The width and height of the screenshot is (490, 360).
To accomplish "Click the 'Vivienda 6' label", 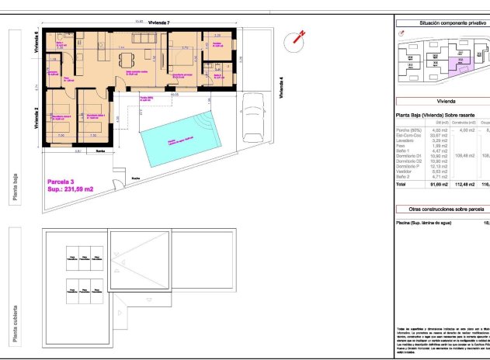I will point(36,41).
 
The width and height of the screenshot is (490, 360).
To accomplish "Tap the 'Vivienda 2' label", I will point(36,116).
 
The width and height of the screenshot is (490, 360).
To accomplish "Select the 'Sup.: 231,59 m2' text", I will point(71,189).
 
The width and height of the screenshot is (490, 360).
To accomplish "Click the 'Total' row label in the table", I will point(401,185).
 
